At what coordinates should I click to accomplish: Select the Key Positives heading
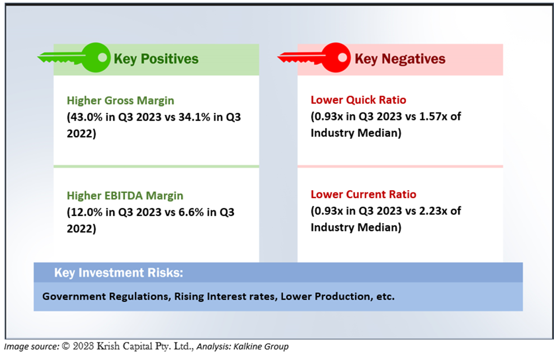coord(156,59)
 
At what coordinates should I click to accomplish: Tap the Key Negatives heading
coord(400,59)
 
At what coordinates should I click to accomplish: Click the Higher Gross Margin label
coord(120,100)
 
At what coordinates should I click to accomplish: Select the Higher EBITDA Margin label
coord(125,195)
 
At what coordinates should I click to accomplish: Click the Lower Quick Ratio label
coord(358,100)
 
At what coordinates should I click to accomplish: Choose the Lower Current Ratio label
coord(364,194)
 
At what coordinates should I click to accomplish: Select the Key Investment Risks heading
coord(118,273)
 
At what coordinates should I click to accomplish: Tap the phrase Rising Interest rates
coord(225,297)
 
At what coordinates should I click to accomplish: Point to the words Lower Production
coord(325,297)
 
